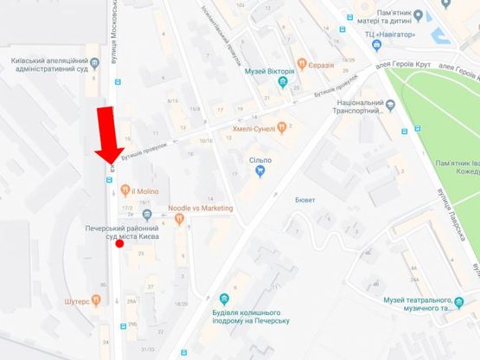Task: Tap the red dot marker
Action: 118,244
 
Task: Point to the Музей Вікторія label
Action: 269,71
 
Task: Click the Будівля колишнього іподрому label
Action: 251,316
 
